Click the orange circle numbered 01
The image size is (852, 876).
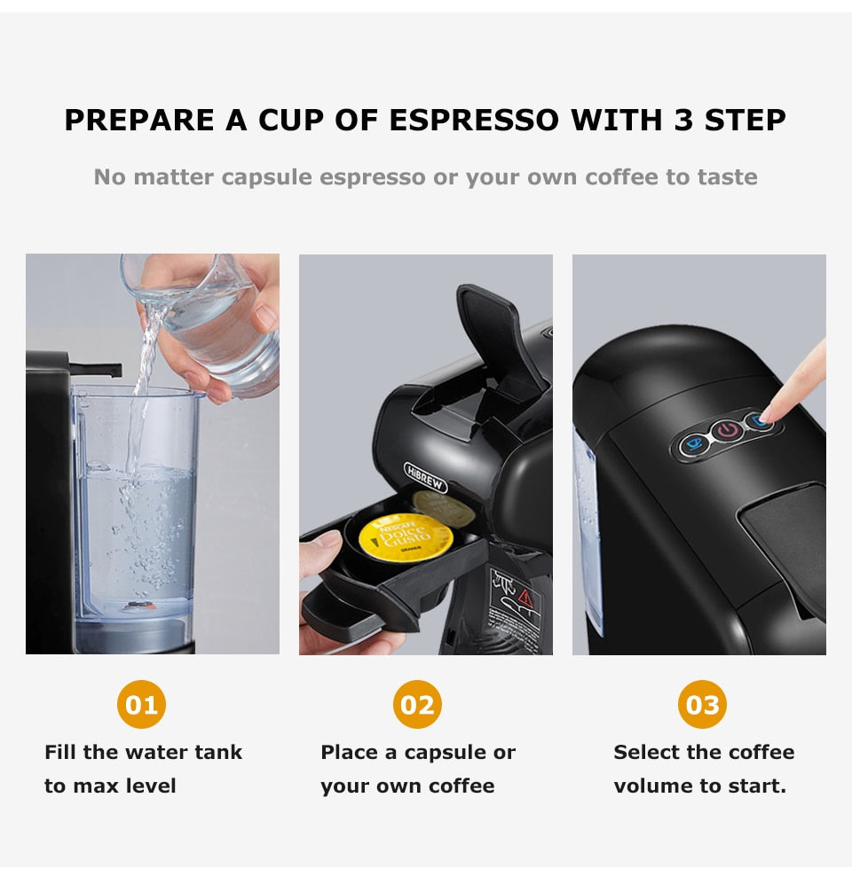tap(141, 705)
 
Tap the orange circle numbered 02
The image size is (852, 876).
tap(417, 705)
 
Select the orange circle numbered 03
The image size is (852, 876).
tap(702, 705)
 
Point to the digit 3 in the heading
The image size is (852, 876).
tap(683, 121)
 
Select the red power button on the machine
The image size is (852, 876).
tap(728, 431)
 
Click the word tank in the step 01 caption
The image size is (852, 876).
tap(219, 753)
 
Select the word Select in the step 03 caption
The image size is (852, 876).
tap(643, 753)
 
